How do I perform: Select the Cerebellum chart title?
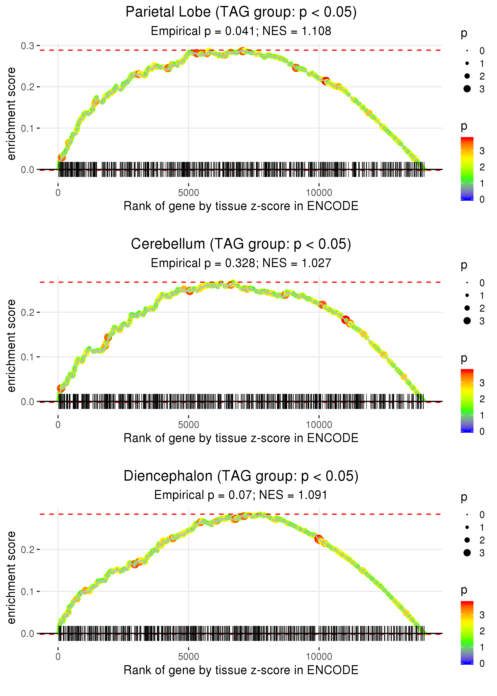(x=241, y=244)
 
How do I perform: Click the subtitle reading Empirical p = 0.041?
(x=241, y=31)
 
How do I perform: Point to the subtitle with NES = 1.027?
(x=241, y=263)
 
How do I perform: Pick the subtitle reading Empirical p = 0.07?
(x=241, y=495)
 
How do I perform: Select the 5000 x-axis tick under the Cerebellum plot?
(x=188, y=425)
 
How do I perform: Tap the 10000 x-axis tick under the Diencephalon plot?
(x=319, y=657)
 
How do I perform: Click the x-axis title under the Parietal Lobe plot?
(x=241, y=206)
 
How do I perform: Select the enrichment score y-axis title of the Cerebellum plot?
(x=11, y=346)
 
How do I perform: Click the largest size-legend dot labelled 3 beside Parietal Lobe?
(x=467, y=89)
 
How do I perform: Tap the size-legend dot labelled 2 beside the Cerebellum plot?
(x=467, y=308)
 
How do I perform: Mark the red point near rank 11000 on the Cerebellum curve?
(x=346, y=320)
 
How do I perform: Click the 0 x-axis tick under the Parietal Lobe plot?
(x=58, y=193)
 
